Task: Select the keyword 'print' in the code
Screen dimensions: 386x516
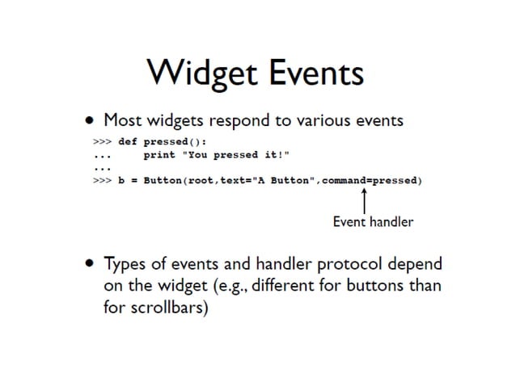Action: click(159, 154)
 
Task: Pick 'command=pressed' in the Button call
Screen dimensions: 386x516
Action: click(371, 180)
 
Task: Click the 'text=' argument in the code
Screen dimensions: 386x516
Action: click(235, 180)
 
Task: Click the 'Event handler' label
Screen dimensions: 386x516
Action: click(373, 221)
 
